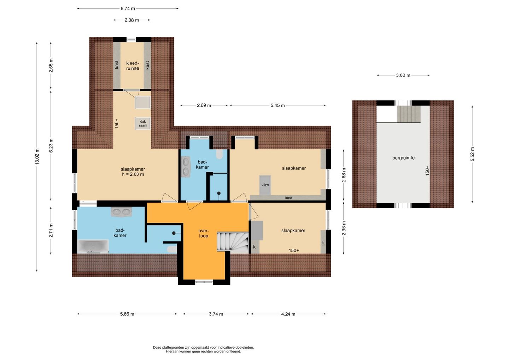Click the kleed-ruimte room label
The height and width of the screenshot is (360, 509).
[133, 66]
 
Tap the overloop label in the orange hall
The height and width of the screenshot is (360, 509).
[204, 233]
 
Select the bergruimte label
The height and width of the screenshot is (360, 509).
[403, 158]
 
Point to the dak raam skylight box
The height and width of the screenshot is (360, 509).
[143, 123]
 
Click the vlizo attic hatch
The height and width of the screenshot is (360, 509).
[265, 185]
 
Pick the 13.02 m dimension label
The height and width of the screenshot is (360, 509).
[37, 157]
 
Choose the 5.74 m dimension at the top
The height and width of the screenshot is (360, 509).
[128, 8]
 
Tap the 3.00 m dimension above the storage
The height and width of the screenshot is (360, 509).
[403, 75]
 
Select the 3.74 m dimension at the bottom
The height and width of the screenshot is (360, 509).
[216, 314]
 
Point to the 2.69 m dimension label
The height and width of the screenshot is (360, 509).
[204, 105]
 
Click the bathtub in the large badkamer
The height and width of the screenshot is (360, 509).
[93, 246]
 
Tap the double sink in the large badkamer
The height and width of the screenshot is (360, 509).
[121, 212]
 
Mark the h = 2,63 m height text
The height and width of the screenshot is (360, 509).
[133, 174]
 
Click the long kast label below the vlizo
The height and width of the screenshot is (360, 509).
[288, 198]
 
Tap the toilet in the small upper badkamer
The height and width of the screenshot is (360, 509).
[219, 154]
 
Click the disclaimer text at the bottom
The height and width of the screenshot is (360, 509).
[203, 349]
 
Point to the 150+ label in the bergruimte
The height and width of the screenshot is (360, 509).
[427, 170]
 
